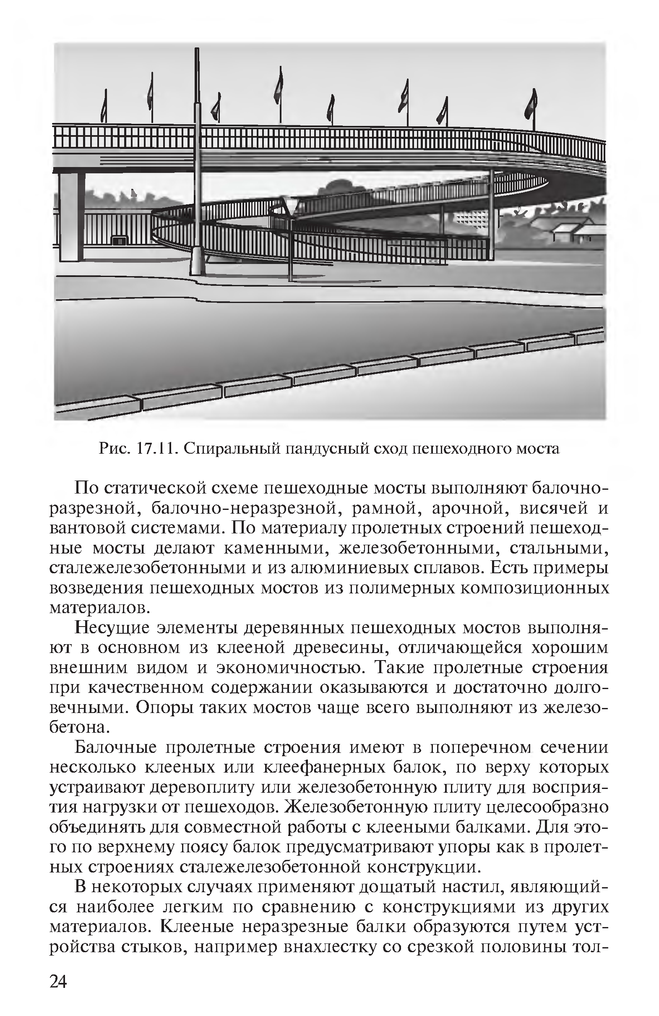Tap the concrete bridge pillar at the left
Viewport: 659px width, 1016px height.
(70, 216)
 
